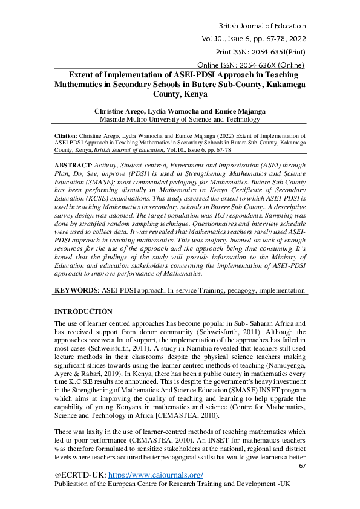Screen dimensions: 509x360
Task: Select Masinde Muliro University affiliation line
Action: (182, 120)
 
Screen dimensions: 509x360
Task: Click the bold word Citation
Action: (65, 137)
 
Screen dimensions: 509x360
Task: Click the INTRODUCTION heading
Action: (83, 311)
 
